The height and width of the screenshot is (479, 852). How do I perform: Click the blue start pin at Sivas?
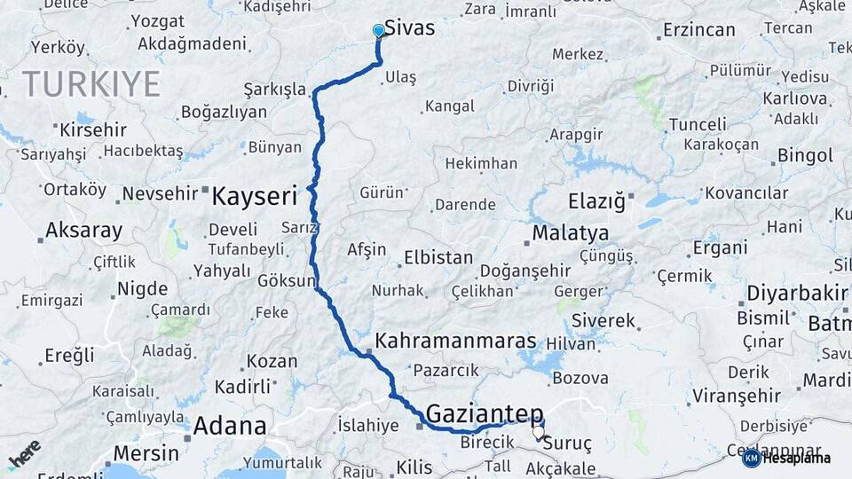(379, 31)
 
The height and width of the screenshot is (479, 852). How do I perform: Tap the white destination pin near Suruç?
(538, 433)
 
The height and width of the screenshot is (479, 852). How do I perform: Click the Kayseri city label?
(254, 196)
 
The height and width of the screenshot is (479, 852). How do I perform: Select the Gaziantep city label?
(485, 413)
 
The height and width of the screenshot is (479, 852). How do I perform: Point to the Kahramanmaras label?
(455, 341)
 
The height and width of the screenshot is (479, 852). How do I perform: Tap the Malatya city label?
(571, 233)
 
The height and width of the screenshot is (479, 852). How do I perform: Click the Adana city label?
(230, 426)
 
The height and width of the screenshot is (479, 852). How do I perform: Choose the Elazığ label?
(596, 200)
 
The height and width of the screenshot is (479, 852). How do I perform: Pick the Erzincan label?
(698, 30)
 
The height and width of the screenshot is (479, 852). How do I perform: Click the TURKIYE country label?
(91, 84)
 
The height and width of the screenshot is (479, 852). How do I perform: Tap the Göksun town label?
(287, 281)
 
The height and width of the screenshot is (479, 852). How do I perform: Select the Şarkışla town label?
(274, 90)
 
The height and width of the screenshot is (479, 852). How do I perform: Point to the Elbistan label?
(438, 258)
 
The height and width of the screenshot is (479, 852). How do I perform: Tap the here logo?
(25, 452)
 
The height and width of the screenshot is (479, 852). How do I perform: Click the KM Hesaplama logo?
(787, 458)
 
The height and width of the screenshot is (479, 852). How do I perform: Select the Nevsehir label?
(162, 193)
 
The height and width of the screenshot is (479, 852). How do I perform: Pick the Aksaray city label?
(83, 231)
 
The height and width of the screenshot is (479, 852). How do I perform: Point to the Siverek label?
(603, 320)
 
